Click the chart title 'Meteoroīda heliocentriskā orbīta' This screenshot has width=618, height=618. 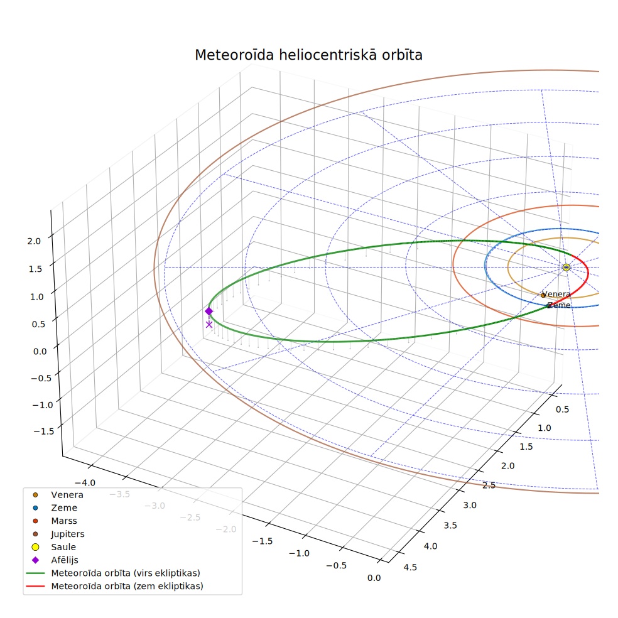pos(308,55)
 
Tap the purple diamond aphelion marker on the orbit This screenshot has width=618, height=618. pos(209,312)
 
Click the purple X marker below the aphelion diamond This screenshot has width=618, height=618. pos(209,324)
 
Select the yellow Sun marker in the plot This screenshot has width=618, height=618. pos(566,267)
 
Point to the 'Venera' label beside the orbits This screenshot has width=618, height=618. pos(556,294)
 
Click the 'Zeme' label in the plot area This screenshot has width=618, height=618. pos(558,305)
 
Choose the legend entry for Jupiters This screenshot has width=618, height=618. pos(55,534)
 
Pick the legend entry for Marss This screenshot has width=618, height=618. pos(51,521)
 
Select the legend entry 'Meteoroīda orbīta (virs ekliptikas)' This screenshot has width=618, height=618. pos(113,573)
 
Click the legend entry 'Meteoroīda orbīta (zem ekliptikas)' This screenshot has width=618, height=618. pos(115,586)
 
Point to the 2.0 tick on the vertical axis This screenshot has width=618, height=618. pos(34,241)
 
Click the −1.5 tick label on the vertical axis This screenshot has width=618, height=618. pos(44,431)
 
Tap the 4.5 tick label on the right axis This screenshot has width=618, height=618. pos(410,567)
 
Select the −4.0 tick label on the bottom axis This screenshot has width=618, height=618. pos(85,483)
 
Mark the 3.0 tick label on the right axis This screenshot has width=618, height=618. pos(469,506)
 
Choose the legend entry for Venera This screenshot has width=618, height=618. pos(55,495)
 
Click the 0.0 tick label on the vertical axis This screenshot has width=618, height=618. pos(40,352)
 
